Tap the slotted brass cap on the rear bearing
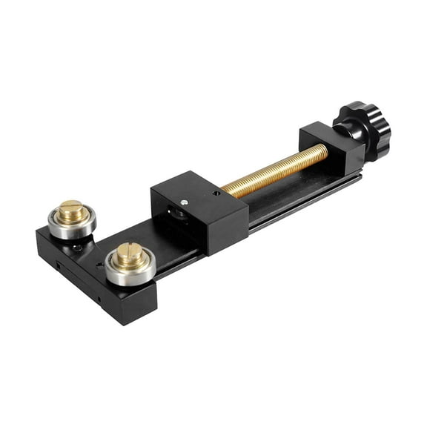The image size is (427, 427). pos(71,211)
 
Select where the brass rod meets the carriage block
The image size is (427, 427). pos(225,191)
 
